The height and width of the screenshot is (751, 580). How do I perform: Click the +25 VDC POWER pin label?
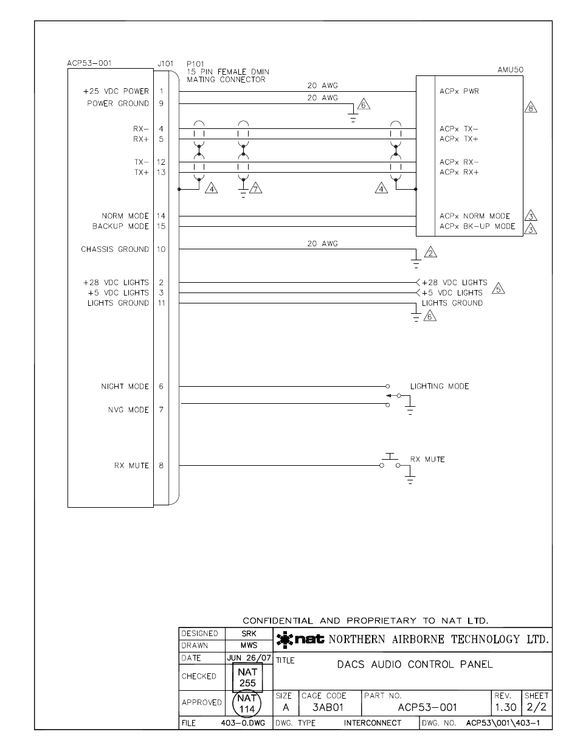116,91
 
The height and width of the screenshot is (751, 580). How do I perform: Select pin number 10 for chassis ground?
161,249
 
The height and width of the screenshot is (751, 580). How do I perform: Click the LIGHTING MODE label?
439,386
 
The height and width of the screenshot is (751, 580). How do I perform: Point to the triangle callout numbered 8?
530,108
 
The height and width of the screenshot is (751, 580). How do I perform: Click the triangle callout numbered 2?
430,252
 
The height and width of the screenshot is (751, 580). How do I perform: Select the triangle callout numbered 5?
498,288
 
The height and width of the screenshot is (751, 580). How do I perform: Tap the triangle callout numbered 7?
255,189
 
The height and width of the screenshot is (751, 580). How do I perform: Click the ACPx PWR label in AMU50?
459,91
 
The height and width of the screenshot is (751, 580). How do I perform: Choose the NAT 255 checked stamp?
247,677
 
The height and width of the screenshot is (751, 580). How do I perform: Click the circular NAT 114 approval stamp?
247,704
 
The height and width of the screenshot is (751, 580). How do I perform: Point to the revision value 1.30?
505,707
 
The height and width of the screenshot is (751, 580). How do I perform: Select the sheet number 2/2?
536,707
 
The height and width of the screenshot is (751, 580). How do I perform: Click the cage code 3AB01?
328,707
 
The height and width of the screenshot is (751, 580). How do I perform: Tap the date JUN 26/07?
249,658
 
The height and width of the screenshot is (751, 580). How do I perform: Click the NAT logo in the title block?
300,639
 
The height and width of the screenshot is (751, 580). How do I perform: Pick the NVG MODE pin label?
128,410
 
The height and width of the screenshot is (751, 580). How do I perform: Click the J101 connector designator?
165,63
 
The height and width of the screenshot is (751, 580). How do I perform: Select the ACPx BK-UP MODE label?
477,226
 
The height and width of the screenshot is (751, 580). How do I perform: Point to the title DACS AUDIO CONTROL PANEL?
415,664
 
